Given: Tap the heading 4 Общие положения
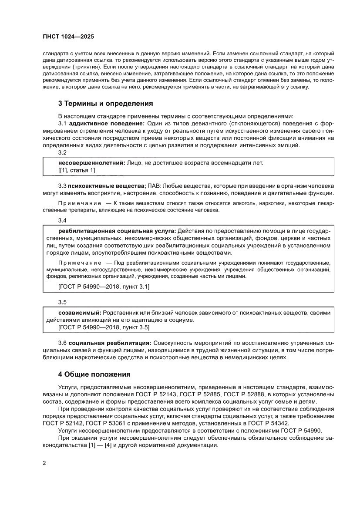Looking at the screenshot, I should point(94,374).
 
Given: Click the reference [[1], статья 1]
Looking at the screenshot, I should point(76,170).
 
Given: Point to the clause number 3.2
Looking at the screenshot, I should point(62,152).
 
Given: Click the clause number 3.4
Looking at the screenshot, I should point(62,220).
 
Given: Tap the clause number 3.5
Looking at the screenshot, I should point(62,302).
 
